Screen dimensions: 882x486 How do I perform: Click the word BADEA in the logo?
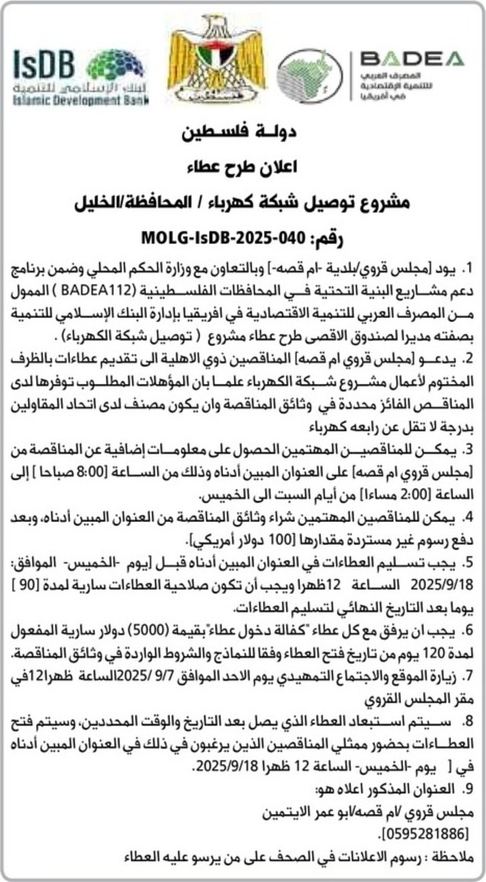tap(411, 59)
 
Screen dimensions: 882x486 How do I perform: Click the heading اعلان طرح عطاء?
tap(243, 166)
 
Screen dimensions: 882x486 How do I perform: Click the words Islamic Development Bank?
tap(80, 100)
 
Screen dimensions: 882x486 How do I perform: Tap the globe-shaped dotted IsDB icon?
tap(115, 65)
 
